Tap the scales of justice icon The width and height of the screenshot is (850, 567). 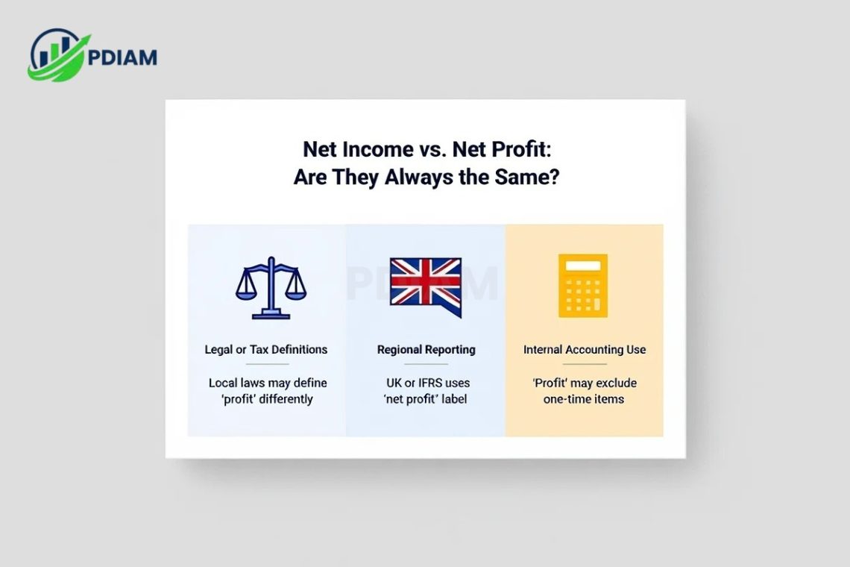[x=271, y=288]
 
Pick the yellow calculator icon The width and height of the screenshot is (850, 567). [x=583, y=286]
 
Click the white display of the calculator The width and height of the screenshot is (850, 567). [x=583, y=266]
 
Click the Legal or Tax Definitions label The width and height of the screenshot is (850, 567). [x=266, y=349]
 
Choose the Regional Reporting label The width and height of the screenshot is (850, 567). [x=426, y=349]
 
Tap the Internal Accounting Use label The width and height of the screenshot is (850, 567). [x=585, y=349]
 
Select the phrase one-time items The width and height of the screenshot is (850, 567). [x=584, y=399]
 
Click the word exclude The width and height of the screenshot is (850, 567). [x=615, y=383]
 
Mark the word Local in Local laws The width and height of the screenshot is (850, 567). [x=223, y=383]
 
